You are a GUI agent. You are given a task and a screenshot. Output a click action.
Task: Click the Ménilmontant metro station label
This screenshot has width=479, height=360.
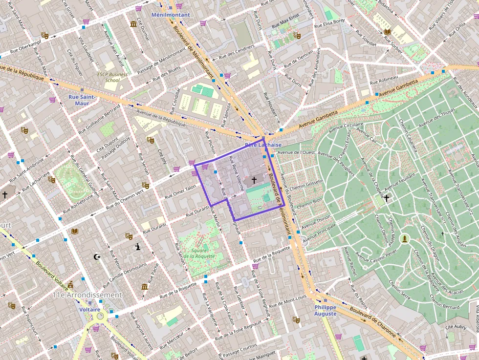point(171,15)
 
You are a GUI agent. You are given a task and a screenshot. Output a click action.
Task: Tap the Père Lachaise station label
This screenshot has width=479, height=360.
point(263,145)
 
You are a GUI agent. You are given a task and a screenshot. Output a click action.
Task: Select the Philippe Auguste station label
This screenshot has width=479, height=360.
point(325,310)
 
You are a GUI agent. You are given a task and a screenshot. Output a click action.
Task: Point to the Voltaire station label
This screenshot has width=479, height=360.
point(90,309)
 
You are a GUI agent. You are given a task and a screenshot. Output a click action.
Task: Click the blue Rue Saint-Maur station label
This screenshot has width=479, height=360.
point(82,100)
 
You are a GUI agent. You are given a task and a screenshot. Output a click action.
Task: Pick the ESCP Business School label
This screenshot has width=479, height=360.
point(112,77)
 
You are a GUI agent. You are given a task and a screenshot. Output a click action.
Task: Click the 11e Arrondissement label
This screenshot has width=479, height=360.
point(87,295)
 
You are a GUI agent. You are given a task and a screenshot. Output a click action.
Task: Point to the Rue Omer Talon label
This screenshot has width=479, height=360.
point(180,191)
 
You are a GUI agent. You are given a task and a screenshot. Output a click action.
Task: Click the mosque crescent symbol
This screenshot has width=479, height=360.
point(97,256)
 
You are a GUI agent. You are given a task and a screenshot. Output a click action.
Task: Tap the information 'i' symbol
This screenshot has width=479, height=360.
point(139,247)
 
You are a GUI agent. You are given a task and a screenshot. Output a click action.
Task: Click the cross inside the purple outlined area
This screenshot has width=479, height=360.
point(254,180)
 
